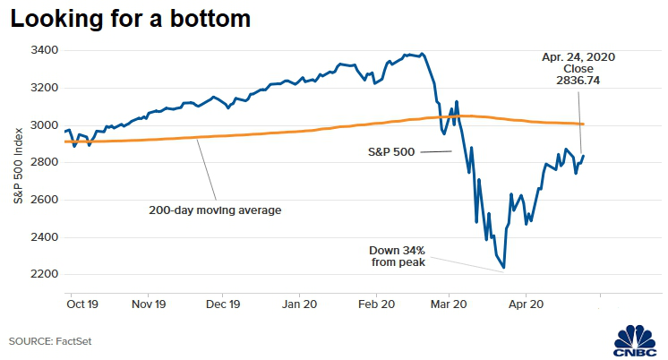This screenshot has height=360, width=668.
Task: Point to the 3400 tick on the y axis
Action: coord(46,50)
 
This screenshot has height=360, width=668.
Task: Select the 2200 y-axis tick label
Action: coord(46,274)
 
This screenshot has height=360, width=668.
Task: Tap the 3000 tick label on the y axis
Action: coord(46,125)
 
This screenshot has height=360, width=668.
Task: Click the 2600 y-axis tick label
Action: coord(46,200)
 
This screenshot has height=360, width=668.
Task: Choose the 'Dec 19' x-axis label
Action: coord(221,304)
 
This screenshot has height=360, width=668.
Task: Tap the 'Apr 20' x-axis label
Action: coord(526,304)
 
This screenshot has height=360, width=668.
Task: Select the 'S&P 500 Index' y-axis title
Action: coord(18,167)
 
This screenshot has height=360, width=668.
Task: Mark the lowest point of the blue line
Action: coord(503,267)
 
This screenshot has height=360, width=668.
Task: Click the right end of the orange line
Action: coord(584,124)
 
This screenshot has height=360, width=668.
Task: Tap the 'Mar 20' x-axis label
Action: coord(450,304)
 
